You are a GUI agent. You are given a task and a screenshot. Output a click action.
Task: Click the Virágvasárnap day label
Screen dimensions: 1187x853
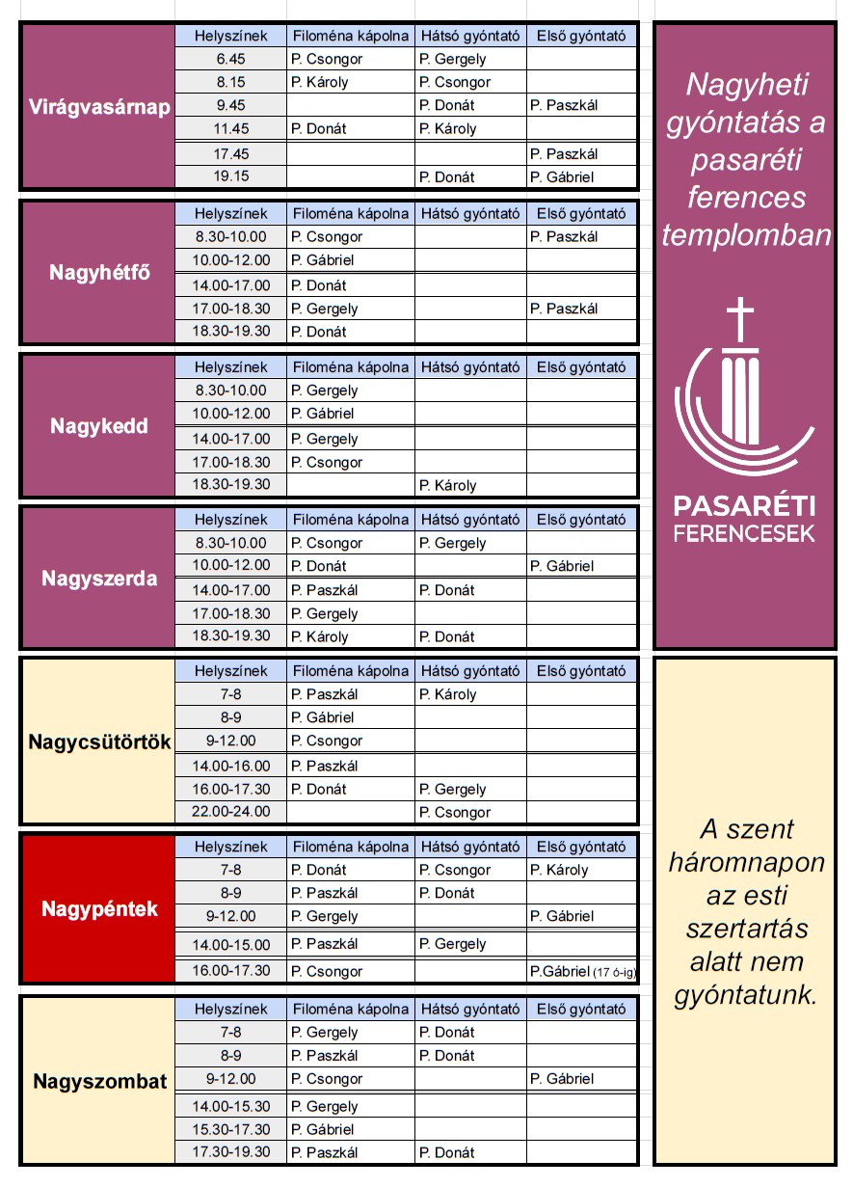coord(99,107)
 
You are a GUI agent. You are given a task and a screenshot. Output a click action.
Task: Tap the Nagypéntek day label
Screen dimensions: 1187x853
coord(99,909)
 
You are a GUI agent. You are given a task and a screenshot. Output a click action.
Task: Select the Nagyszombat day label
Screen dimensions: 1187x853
coord(99,1081)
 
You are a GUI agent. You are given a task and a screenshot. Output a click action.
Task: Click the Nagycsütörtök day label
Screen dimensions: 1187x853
coord(99,742)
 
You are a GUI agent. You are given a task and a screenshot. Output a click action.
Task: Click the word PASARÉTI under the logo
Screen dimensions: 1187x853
coord(744,506)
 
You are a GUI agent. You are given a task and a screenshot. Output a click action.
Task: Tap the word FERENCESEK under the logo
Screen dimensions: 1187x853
coord(744,533)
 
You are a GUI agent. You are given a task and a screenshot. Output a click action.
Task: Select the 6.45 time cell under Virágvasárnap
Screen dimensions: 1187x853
coord(231,60)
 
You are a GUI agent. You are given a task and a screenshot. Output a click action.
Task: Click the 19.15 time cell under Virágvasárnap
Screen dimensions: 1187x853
coord(231,177)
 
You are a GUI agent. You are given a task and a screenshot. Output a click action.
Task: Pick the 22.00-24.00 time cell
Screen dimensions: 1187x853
coord(231,812)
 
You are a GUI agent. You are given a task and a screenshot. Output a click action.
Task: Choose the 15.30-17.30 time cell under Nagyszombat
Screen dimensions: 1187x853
coord(231,1129)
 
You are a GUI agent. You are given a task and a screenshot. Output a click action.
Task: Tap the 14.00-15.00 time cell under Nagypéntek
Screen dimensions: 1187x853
coord(231,945)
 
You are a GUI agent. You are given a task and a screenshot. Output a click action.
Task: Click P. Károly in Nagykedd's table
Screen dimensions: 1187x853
coord(448,486)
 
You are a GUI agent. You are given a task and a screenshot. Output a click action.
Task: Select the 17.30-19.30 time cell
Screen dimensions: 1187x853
coord(231,1152)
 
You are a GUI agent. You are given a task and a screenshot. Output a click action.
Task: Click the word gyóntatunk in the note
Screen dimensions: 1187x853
coord(745,994)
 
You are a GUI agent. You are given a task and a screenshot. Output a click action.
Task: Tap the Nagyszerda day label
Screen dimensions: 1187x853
coord(99,580)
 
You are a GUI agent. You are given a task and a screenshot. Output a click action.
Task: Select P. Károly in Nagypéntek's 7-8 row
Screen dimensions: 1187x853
coord(559,870)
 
